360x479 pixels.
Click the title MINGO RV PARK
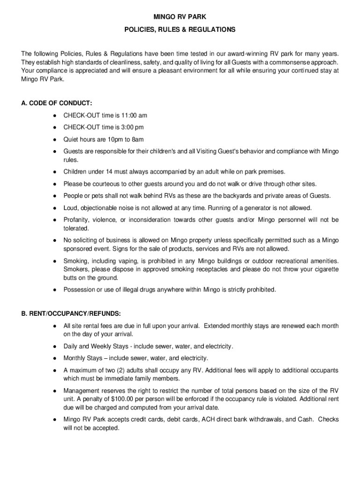pyautogui.click(x=180, y=17)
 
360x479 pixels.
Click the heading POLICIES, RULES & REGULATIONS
pyautogui.click(x=180, y=29)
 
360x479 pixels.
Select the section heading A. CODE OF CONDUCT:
pyautogui.click(x=57, y=103)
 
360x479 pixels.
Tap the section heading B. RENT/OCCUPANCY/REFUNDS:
pyautogui.click(x=71, y=313)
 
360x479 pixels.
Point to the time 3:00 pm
pyautogui.click(x=132, y=127)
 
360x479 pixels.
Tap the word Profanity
pyautogui.click(x=76, y=220)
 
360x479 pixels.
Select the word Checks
pyautogui.click(x=329, y=419)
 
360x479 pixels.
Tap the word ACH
pyautogui.click(x=208, y=419)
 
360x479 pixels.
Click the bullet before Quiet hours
pyautogui.click(x=55, y=140)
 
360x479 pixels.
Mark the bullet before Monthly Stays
pyautogui.click(x=55, y=358)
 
